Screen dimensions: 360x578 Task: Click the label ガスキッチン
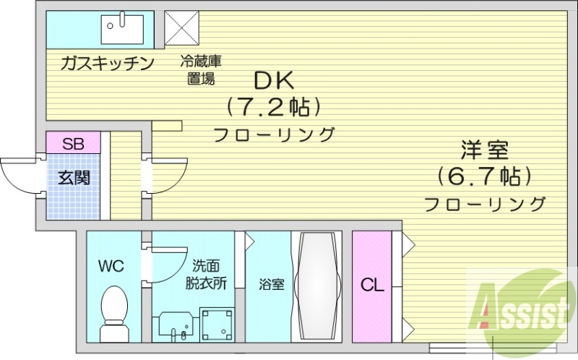click(x=108, y=64)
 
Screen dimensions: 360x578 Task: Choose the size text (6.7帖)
click(x=485, y=176)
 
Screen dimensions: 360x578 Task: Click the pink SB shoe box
click(x=73, y=143)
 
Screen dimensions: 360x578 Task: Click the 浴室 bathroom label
click(x=271, y=284)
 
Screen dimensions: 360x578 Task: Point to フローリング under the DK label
click(x=274, y=134)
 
